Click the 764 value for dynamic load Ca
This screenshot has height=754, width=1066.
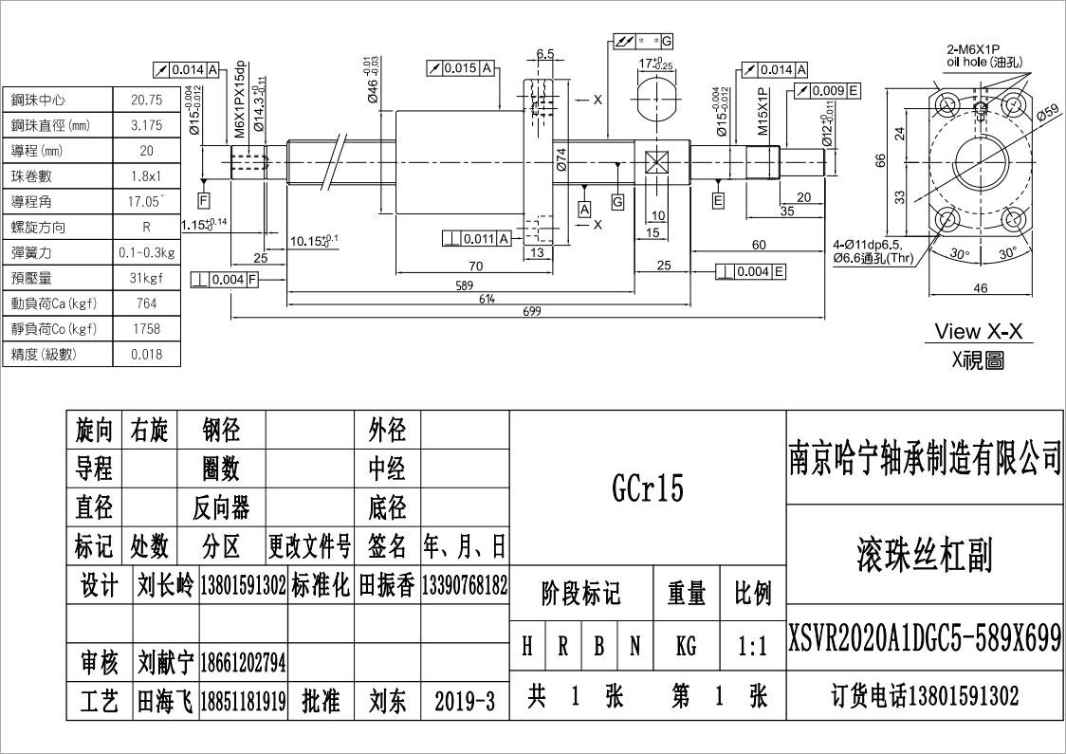pyautogui.click(x=146, y=303)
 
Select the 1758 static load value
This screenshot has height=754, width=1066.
pyautogui.click(x=146, y=329)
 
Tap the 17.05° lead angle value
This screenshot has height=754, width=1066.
pyautogui.click(x=146, y=202)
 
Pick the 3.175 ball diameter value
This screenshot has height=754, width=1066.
pyautogui.click(x=146, y=125)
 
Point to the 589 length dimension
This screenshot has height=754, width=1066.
pyautogui.click(x=464, y=284)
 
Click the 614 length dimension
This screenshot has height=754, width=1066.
pyautogui.click(x=486, y=298)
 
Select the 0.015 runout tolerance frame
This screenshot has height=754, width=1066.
pyautogui.click(x=460, y=68)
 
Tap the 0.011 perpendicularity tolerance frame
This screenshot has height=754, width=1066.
pyautogui.click(x=477, y=237)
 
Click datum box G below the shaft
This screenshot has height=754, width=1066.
pyautogui.click(x=617, y=201)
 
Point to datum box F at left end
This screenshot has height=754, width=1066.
pyautogui.click(x=204, y=199)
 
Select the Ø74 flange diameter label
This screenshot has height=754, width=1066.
pyautogui.click(x=561, y=161)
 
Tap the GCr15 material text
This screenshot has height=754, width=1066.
pyautogui.click(x=648, y=488)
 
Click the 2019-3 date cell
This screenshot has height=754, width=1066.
pyautogui.click(x=465, y=701)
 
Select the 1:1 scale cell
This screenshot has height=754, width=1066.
pyautogui.click(x=752, y=647)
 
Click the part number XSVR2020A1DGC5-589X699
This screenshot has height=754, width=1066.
pyautogui.click(x=925, y=639)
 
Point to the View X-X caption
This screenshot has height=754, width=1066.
pyautogui.click(x=979, y=331)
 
